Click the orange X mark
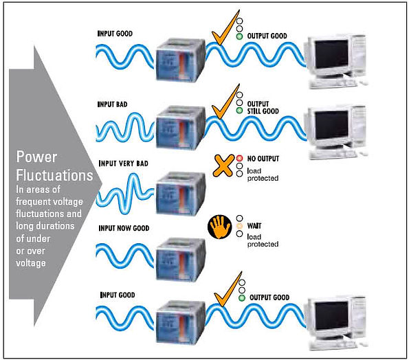(223, 166)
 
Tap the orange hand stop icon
(220, 227)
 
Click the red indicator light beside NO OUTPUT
(239, 158)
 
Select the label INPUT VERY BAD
(123, 164)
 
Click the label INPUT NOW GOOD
(124, 228)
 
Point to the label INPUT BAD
(113, 104)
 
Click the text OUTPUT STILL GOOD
(263, 107)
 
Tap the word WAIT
(254, 226)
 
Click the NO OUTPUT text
(263, 159)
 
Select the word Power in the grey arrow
(36, 157)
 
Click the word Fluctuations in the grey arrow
(54, 175)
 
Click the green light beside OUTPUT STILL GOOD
(239, 111)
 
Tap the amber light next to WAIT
(239, 226)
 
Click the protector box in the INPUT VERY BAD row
(181, 194)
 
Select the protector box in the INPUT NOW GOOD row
(181, 260)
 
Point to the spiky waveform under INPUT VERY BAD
(125, 194)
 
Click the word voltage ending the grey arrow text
(31, 263)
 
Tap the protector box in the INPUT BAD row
(181, 128)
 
